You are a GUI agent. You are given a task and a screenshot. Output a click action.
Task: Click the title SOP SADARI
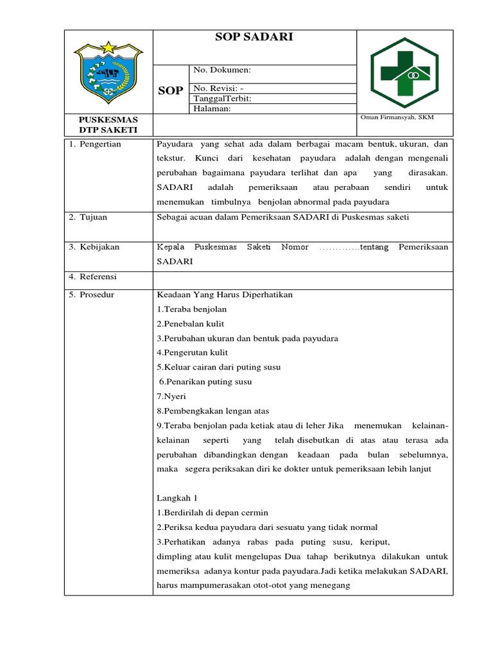(254, 37)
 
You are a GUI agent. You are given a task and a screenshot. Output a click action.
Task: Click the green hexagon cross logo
(404, 71)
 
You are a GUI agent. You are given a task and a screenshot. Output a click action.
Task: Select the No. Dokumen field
(222, 70)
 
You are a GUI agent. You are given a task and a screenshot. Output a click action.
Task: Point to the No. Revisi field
(218, 89)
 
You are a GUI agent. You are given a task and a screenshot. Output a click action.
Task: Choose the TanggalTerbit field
(222, 99)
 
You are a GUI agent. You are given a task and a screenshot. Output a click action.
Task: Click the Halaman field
(212, 109)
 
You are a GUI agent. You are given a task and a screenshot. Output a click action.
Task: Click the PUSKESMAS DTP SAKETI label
(108, 124)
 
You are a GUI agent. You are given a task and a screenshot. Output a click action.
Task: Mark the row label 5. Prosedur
(92, 294)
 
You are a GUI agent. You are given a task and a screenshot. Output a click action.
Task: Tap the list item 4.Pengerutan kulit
(192, 353)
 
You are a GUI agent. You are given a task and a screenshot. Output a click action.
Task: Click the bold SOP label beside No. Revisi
(170, 90)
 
